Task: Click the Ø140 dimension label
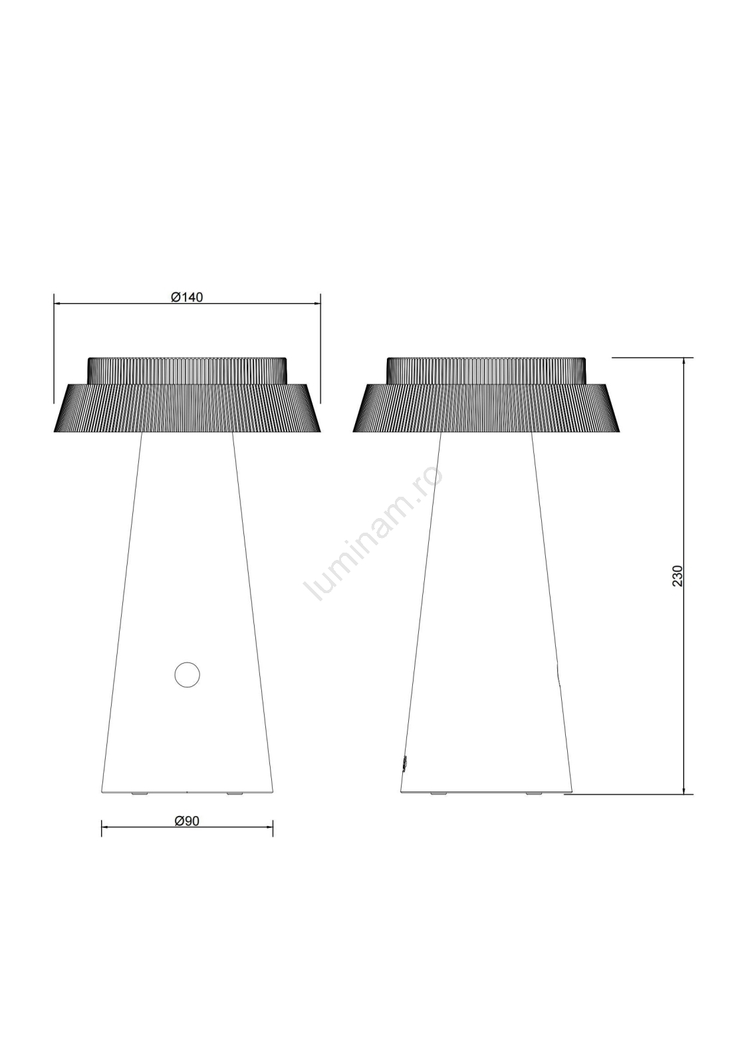click(x=187, y=297)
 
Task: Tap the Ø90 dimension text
click(x=187, y=821)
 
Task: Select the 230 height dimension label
click(x=678, y=576)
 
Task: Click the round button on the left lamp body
click(x=187, y=674)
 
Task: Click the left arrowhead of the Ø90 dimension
click(x=105, y=827)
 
